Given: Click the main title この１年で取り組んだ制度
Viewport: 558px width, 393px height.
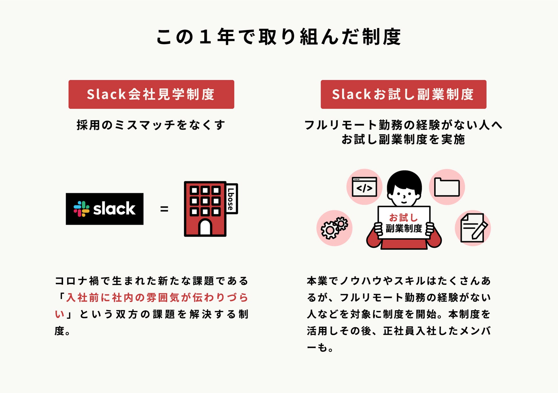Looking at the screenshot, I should pos(279,37).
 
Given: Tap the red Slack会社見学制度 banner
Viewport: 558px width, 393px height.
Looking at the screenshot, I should pos(151,94).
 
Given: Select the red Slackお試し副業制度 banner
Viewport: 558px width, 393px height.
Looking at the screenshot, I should pos(403,94).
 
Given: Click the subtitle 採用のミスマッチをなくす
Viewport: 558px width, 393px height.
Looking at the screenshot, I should pos(151,125).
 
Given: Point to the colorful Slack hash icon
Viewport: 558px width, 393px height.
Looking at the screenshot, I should pos(81,209).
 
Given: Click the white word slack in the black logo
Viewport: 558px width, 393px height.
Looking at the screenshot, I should pos(114,209).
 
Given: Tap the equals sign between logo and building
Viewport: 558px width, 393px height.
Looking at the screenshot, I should pos(164,209).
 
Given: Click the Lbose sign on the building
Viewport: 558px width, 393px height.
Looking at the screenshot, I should pos(231,199).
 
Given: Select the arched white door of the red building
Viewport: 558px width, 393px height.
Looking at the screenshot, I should pos(205,228).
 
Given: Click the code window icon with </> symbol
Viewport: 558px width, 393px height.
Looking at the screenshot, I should pos(364,187).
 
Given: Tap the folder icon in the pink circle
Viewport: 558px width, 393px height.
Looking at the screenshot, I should pos(447,187).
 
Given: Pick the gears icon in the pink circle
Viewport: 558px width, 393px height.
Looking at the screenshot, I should pos(334,228).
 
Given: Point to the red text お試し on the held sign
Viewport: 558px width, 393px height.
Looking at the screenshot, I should pos(404,217).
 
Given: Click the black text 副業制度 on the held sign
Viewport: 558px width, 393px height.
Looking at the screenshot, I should pos(404,229).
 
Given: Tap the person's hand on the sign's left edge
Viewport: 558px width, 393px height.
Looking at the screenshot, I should pos(378,229).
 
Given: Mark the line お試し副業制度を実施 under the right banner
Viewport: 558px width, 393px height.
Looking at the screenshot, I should pos(403,140).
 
